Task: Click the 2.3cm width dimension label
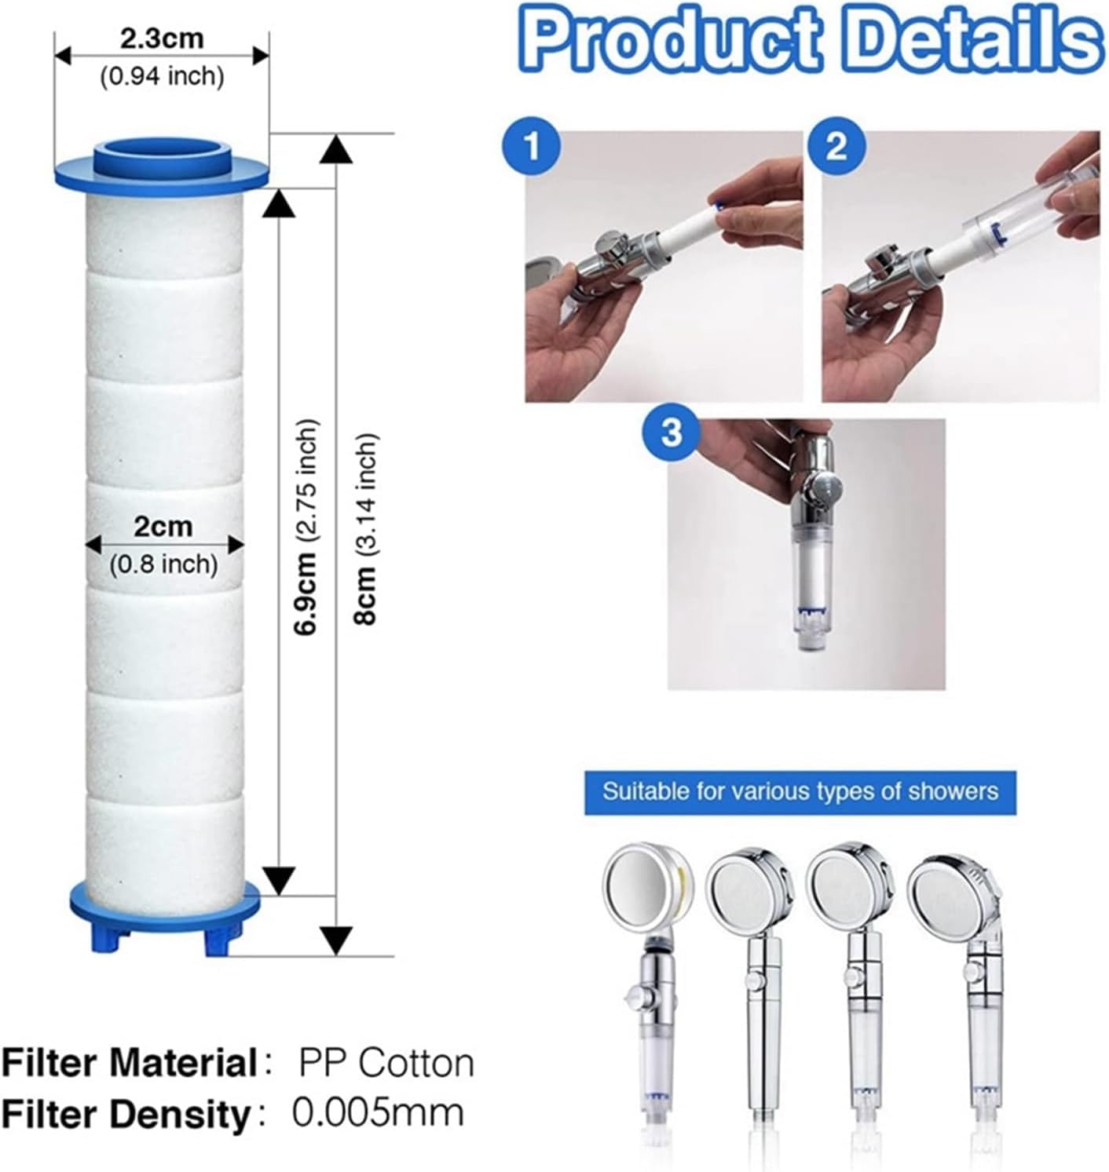162,38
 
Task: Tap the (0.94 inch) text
162,76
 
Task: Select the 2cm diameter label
163,527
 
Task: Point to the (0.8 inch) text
163,564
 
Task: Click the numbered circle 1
532,146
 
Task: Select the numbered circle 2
836,146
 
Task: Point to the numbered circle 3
671,431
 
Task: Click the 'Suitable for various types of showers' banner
800,792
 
